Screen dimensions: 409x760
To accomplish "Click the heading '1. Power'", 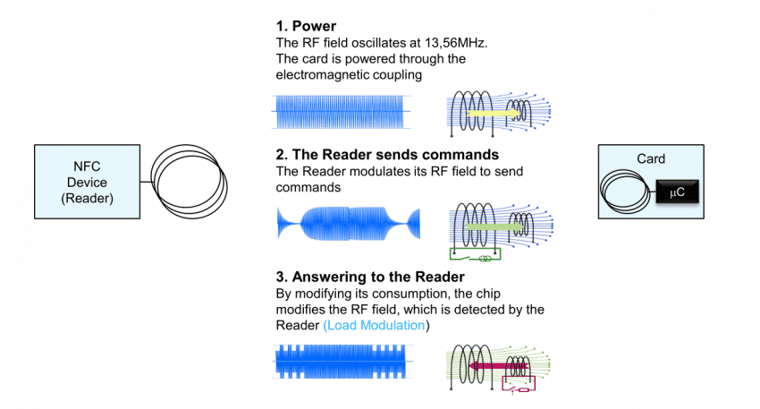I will tap(306, 27).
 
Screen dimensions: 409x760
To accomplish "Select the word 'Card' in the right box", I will tap(651, 158).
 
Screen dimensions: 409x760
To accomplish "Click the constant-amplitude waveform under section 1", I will tap(342, 111).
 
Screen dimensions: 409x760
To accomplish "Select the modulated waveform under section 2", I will tap(348, 222).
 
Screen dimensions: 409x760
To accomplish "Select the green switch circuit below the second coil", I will tap(475, 258).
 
